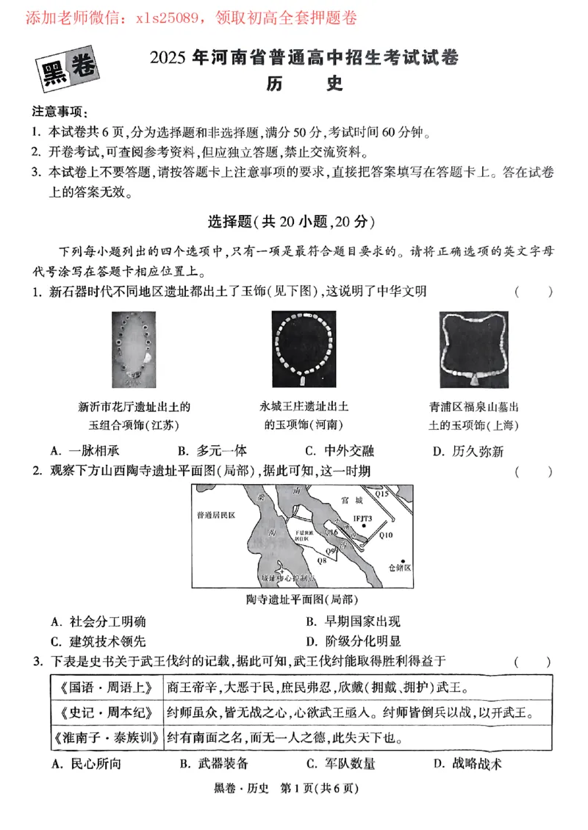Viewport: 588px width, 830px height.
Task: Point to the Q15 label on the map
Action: [x=383, y=494]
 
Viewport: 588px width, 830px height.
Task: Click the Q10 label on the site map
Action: [x=386, y=535]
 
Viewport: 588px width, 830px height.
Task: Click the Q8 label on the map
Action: [x=321, y=560]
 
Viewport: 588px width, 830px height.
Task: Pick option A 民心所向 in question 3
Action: [x=86, y=764]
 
